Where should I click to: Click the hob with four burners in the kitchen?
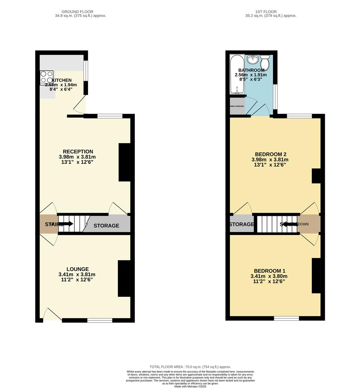[47, 77]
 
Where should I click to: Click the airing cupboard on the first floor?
[237, 107]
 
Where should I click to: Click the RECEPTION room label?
[78, 152]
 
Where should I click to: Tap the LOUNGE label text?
[77, 269]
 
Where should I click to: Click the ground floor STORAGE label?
[106, 226]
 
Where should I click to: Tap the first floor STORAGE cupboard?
[241, 224]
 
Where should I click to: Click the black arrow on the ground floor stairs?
[68, 224]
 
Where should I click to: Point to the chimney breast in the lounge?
[124, 278]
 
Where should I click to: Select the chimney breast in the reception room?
[124, 162]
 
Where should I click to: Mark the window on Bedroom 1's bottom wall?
[286, 318]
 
